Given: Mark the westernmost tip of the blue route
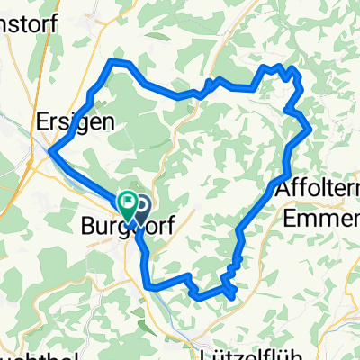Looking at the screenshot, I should (49, 154).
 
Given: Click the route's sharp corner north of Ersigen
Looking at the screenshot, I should (112, 60).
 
